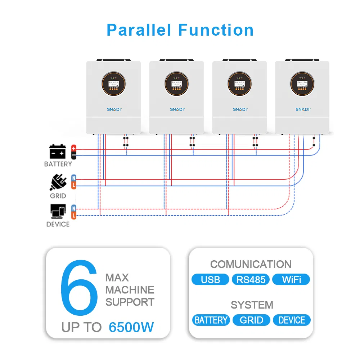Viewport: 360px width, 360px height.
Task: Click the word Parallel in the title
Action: click(139, 30)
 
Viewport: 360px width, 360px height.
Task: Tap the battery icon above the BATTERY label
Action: click(58, 152)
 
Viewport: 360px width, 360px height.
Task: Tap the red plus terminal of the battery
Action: click(74, 148)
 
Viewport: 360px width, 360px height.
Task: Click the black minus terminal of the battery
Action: click(74, 155)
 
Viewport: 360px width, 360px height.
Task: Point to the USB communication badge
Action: click(210, 280)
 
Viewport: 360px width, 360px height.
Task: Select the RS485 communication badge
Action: click(251, 280)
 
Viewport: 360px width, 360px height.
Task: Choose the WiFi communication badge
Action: click(291, 280)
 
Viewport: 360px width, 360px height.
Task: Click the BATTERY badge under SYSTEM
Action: click(211, 320)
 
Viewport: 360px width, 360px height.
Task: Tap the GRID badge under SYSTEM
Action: click(251, 320)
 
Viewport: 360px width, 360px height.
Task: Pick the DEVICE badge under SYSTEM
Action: click(292, 320)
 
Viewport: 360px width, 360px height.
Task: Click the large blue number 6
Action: click(79, 288)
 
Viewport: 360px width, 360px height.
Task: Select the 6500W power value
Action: click(131, 328)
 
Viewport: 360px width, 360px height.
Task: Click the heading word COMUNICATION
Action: click(251, 264)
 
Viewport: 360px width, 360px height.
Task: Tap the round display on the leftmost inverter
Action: click(113, 84)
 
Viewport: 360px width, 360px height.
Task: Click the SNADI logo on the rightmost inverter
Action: click(303, 109)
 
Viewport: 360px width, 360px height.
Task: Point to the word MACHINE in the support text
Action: click(130, 290)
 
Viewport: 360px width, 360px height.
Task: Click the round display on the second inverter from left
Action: click(176, 84)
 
